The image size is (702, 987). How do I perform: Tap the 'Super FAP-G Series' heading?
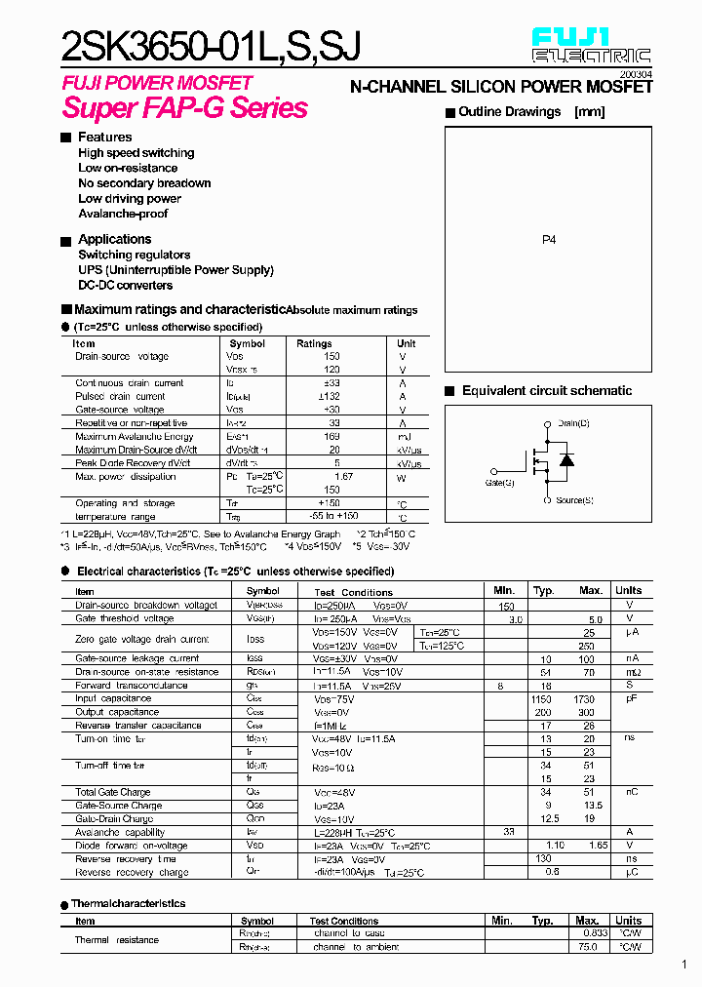(x=185, y=108)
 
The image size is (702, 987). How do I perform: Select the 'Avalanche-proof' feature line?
(x=123, y=214)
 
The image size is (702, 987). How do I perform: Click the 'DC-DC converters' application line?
(x=126, y=286)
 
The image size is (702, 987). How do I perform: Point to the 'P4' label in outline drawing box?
(x=548, y=239)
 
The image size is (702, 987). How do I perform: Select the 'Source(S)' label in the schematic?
(x=574, y=500)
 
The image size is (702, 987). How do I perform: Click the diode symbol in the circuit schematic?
(x=566, y=460)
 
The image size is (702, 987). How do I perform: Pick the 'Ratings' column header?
(x=314, y=343)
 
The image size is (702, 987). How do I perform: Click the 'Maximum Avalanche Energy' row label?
(x=135, y=437)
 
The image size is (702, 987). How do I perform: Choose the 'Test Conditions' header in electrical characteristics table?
(x=353, y=592)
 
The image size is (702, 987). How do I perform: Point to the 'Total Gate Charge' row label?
(x=113, y=793)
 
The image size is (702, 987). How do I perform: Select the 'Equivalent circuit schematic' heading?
(x=546, y=391)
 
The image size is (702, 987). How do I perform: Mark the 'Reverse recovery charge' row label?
(x=132, y=873)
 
